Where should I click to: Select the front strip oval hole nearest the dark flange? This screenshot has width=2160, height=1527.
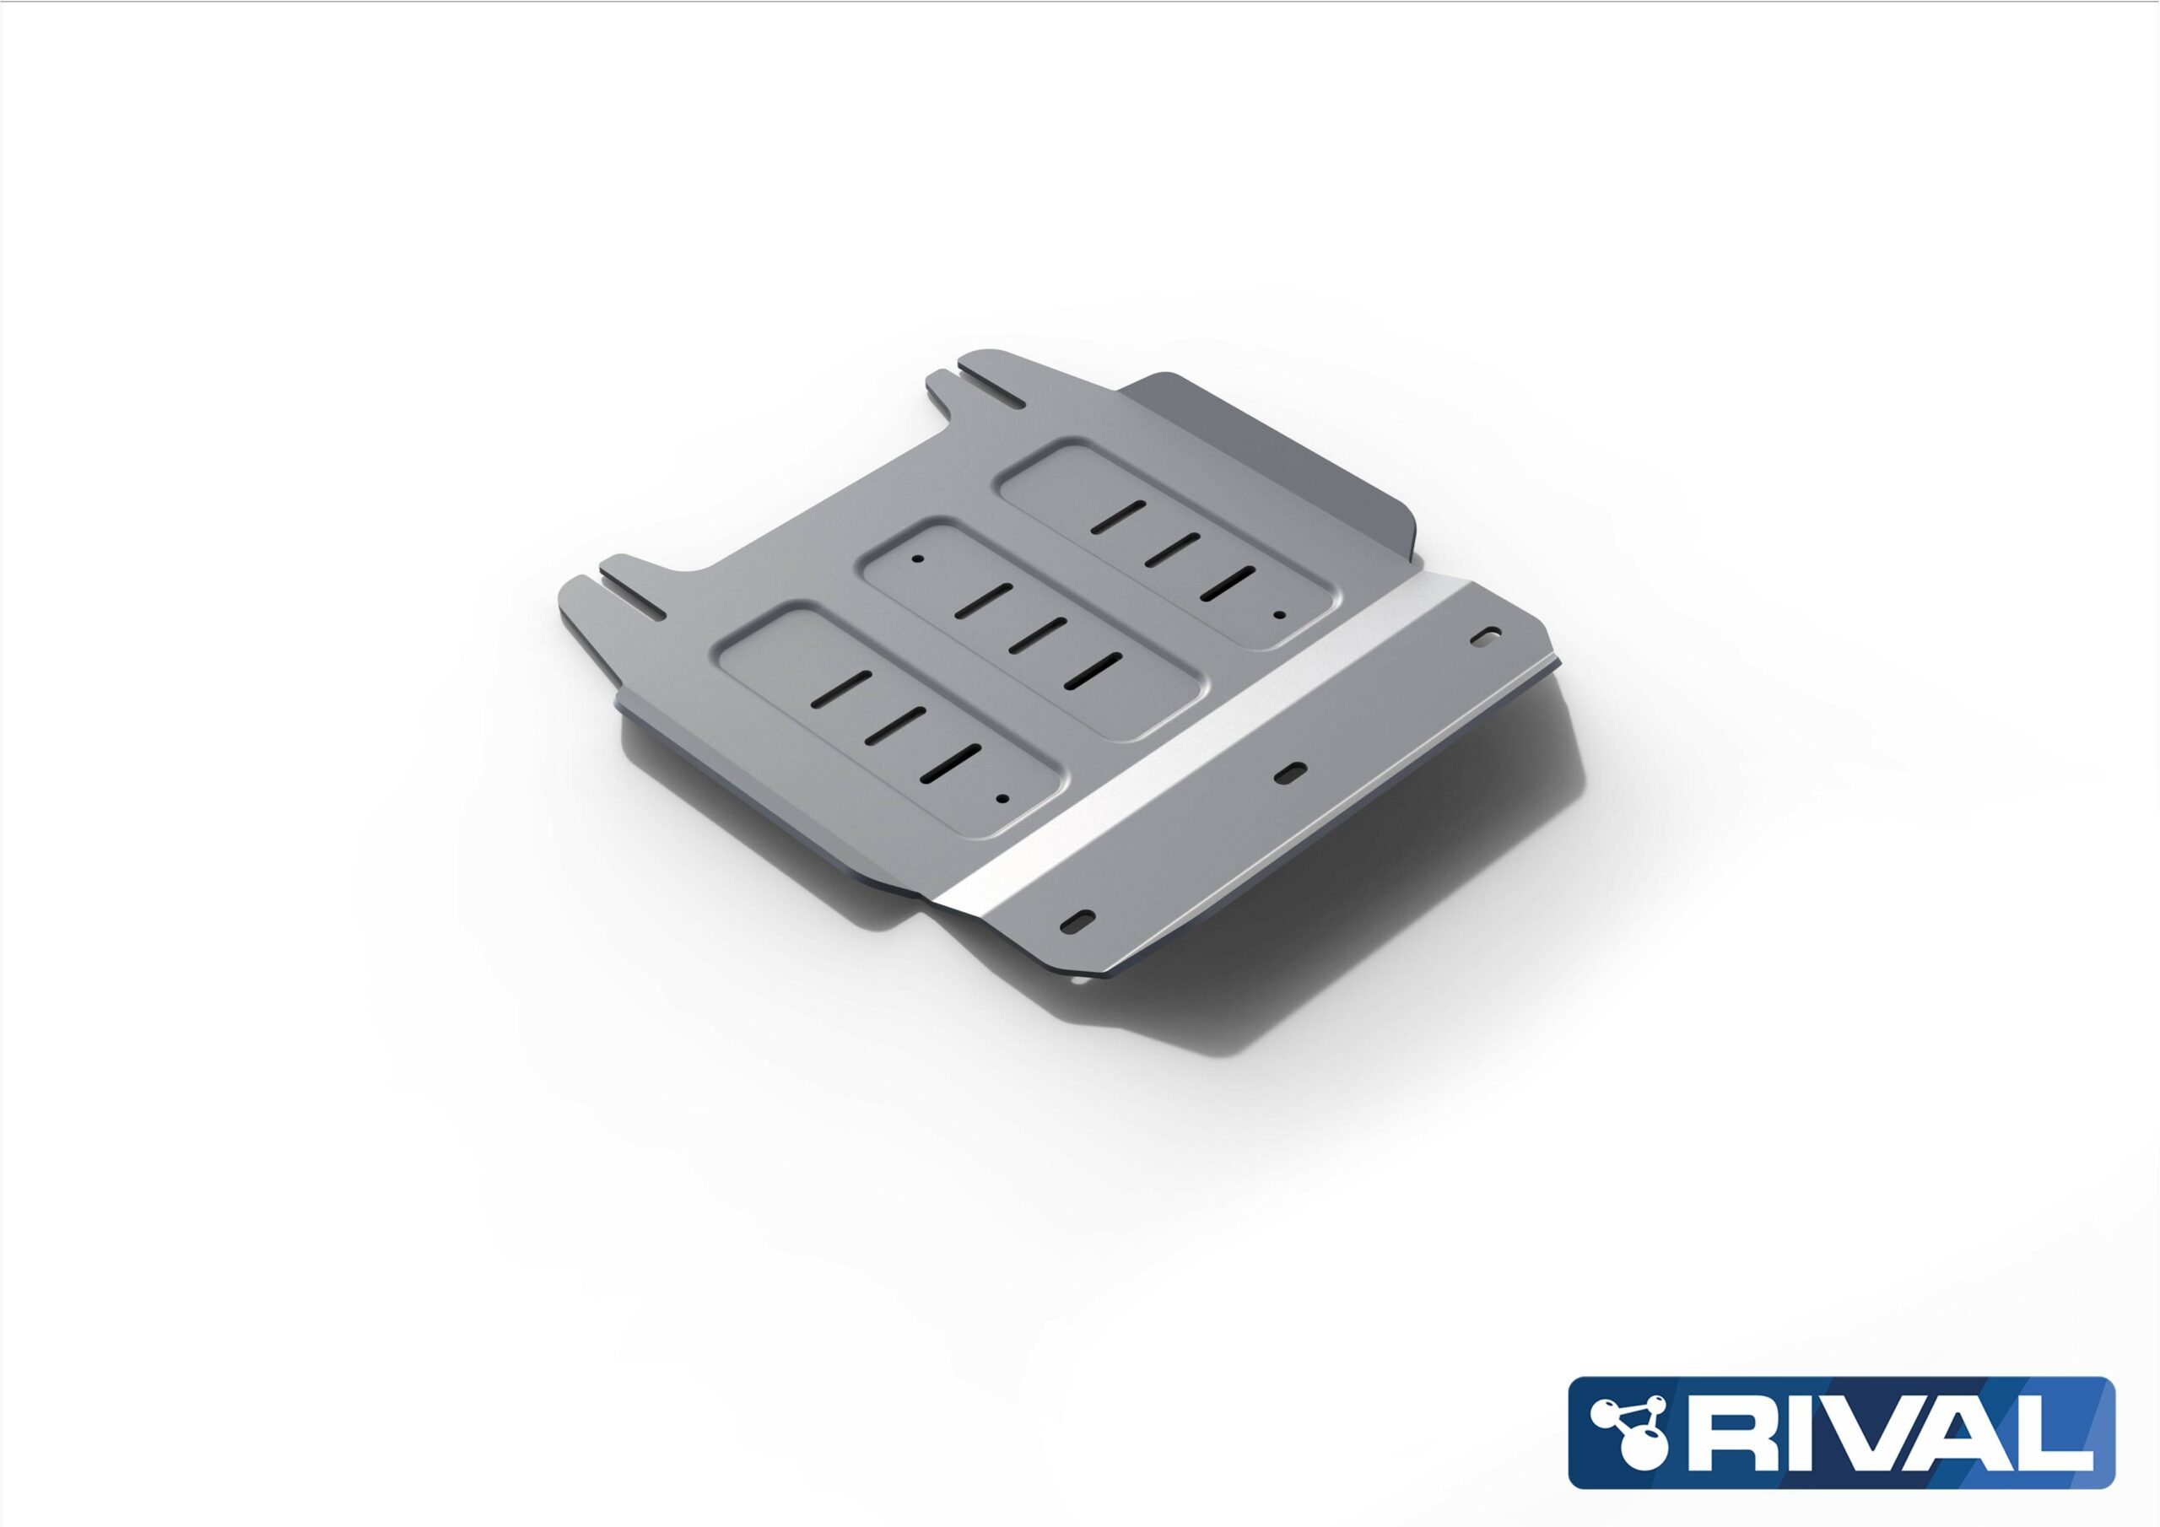coord(1488,635)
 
